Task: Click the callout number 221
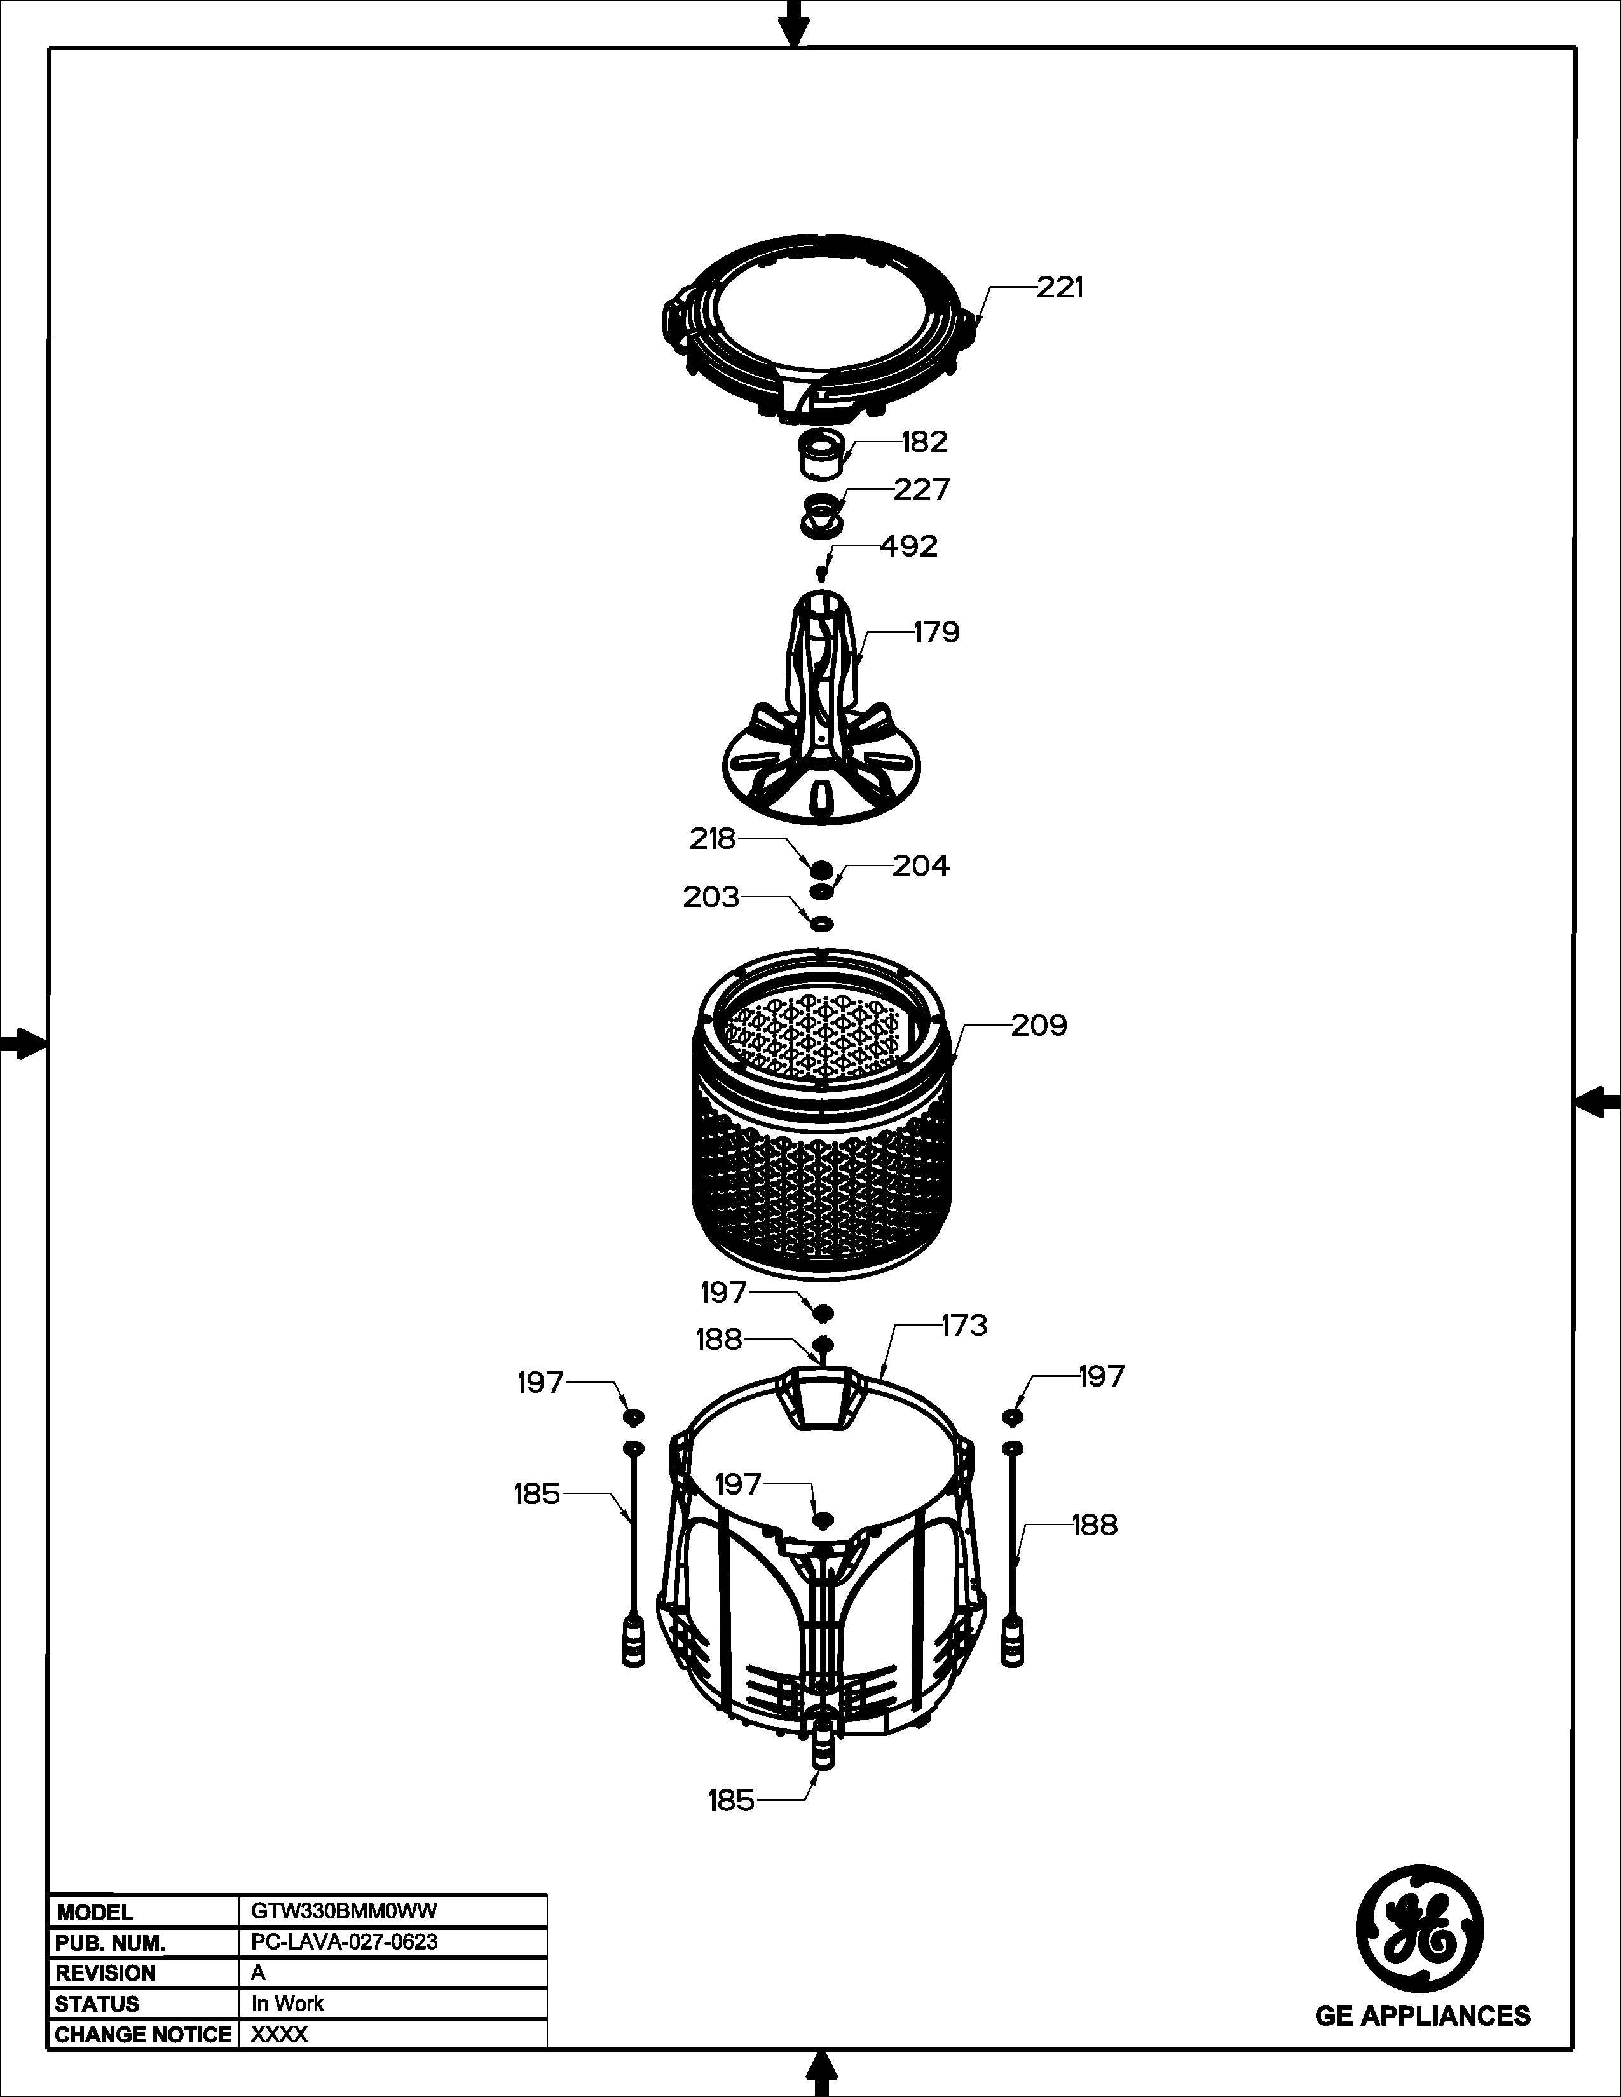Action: [1060, 287]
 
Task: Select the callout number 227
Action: [922, 490]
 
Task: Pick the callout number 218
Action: [713, 839]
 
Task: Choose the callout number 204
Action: [921, 866]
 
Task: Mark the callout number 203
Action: [711, 898]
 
